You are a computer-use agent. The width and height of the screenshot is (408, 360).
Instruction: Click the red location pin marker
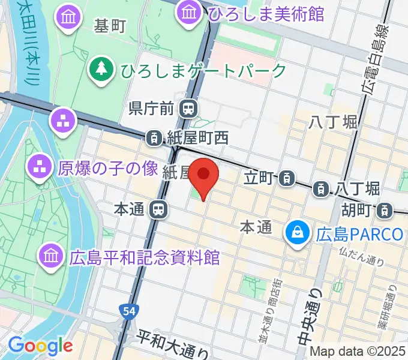coord(204,175)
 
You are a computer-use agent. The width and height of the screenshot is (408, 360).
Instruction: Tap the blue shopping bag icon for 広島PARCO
coord(297,232)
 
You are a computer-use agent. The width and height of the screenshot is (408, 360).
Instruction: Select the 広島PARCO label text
coord(360,233)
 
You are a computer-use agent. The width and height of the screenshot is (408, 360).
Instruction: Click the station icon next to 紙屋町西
coord(155,138)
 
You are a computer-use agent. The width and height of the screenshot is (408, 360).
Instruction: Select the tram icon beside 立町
coord(288,178)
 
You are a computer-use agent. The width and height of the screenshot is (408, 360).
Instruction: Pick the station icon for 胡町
coord(384,210)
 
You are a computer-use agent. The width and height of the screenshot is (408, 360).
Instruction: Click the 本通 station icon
coord(159,209)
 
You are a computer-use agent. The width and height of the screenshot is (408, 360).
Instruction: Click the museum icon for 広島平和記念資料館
coord(51,257)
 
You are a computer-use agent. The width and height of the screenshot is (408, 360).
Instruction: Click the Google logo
coord(40,346)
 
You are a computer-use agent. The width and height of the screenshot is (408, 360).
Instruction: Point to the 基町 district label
coord(110,26)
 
